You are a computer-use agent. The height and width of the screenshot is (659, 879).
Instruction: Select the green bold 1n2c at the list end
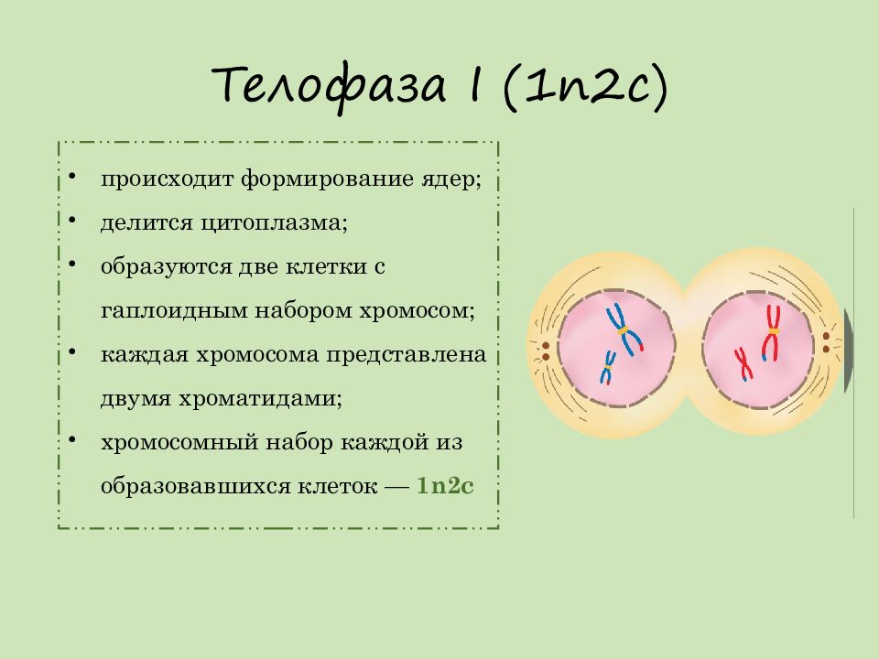[445, 486]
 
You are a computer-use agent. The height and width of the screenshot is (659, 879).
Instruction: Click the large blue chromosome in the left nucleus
[625, 329]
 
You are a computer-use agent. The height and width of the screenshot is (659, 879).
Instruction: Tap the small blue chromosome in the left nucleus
[607, 367]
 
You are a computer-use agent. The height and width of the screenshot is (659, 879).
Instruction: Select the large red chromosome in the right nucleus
[772, 333]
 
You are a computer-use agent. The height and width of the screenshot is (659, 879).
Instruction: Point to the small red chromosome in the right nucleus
[743, 363]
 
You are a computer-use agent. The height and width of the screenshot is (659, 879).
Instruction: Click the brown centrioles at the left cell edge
[545, 351]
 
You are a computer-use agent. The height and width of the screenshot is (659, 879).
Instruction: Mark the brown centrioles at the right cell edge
[826, 342]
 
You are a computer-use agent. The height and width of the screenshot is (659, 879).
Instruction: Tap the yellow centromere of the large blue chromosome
[623, 329]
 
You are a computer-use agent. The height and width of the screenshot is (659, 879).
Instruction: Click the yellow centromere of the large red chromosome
[773, 331]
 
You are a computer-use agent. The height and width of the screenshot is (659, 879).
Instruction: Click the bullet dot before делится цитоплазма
[71, 221]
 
